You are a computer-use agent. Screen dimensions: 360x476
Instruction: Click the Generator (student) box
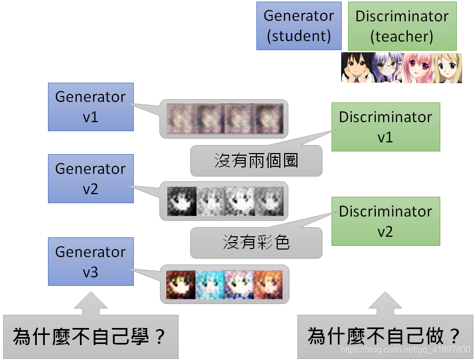[298, 26]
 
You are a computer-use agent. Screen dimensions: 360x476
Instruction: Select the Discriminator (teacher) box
[402, 26]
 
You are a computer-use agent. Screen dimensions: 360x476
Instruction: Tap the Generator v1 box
[91, 107]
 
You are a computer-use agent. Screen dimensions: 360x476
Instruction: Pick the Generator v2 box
[91, 179]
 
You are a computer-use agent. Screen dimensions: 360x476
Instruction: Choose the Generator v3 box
[91, 262]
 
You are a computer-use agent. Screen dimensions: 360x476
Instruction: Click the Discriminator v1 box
[385, 127]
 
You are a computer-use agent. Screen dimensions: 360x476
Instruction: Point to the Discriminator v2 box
[385, 221]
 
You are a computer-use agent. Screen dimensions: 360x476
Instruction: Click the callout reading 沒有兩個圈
[256, 161]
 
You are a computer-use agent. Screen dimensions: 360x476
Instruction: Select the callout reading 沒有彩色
[256, 243]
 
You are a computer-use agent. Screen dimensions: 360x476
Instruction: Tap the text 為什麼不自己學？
[90, 337]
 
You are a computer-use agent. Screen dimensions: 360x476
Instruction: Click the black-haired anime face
[356, 68]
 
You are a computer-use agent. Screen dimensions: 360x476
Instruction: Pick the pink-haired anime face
[416, 68]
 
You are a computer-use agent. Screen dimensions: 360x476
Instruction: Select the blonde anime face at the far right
[447, 68]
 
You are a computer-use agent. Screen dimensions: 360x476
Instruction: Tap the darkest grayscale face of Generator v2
[182, 201]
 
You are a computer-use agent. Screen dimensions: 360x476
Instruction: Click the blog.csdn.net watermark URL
[406, 350]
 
